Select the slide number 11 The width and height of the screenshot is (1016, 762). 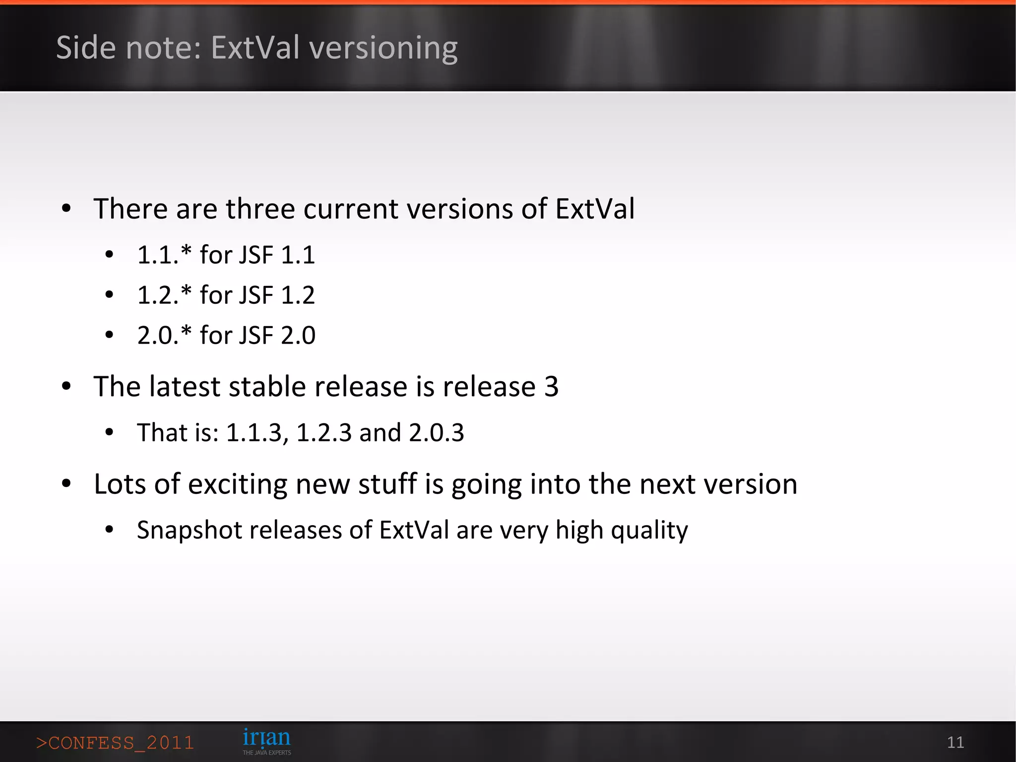[x=955, y=742]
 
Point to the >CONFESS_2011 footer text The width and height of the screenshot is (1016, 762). [x=115, y=743]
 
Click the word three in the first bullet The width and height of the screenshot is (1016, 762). [x=260, y=208]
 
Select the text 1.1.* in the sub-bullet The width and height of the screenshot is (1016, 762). [x=164, y=255]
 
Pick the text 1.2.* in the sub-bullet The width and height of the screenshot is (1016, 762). [x=164, y=295]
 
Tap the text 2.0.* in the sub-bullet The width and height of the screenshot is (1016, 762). [x=164, y=336]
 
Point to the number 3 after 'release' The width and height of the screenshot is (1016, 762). [x=551, y=387]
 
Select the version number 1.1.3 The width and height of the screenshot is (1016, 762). [x=254, y=432]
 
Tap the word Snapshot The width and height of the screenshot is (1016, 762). [x=189, y=530]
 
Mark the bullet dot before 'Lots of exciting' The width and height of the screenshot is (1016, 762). [x=66, y=484]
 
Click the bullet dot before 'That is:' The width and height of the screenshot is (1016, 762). [x=110, y=432]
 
